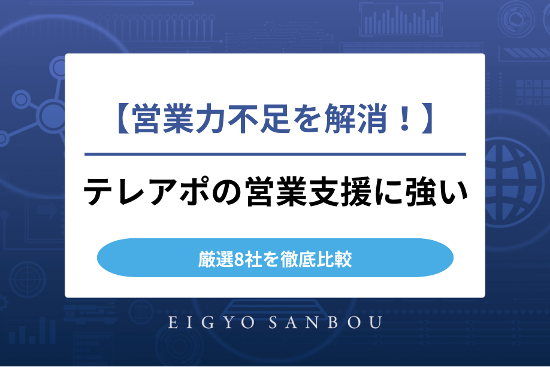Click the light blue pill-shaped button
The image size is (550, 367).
pos(275,258)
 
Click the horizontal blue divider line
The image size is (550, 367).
pos(275,154)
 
